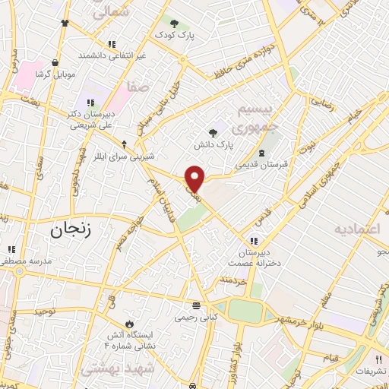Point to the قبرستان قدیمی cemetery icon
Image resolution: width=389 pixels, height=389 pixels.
(261, 153)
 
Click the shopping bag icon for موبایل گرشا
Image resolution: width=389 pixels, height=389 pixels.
(55, 63)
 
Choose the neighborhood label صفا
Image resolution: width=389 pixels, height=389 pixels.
(137, 88)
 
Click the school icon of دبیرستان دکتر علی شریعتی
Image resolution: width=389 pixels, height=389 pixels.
(90, 103)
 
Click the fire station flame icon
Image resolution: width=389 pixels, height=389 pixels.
(128, 323)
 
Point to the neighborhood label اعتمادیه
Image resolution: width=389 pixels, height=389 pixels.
(362, 228)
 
